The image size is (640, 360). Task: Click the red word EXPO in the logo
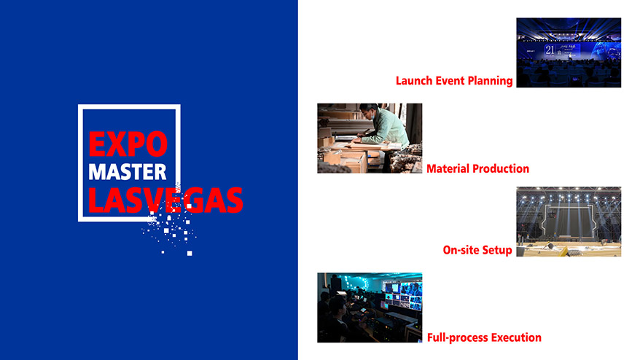[128, 144]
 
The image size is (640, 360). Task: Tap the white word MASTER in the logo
[128, 172]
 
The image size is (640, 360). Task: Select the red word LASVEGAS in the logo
[165, 200]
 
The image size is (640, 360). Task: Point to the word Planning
[490, 81]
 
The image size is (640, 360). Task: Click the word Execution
[516, 337]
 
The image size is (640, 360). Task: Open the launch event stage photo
[569, 52]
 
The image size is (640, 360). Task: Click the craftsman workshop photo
[370, 138]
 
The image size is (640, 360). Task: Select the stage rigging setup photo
[569, 222]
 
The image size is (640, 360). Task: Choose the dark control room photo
[370, 308]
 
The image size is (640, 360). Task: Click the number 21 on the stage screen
[550, 50]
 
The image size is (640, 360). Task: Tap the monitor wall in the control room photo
[402, 297]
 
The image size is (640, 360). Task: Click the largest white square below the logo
[190, 254]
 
